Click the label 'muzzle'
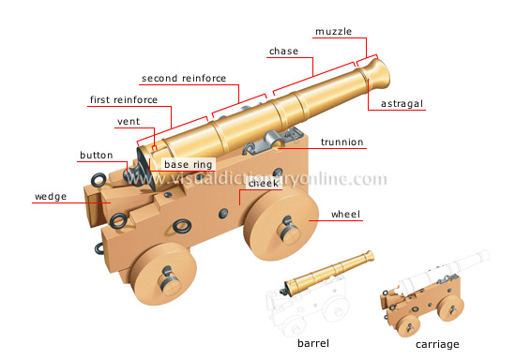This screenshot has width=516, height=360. [334, 31]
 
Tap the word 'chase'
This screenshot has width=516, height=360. [284, 51]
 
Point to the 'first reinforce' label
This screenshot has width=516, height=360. [123, 98]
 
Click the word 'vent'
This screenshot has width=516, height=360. [129, 121]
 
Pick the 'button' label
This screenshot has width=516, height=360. [97, 155]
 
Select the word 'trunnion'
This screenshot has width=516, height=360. [342, 142]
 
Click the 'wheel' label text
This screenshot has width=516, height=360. [345, 215]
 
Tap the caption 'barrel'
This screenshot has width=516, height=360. [313, 342]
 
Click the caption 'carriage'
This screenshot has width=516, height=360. [439, 342]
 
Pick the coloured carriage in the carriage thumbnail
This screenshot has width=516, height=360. [422, 301]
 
